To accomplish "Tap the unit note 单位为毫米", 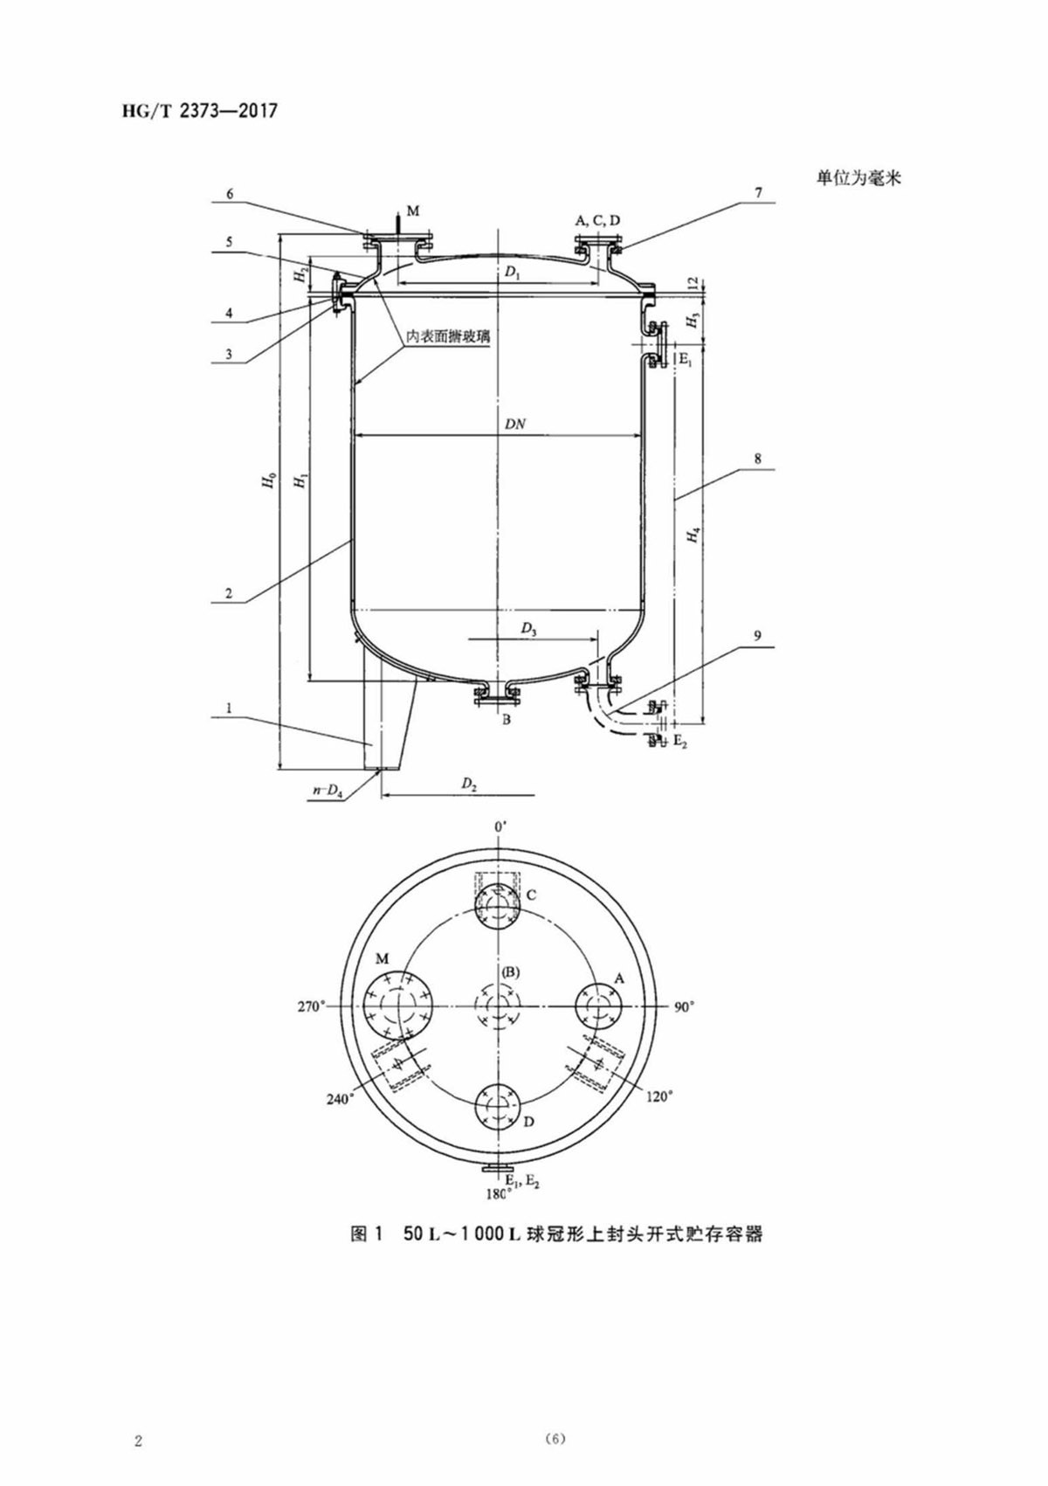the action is pos(859,178).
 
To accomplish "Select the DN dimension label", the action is pos(514,425).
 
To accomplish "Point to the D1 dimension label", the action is pos(512,273).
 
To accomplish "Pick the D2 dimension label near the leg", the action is pos(470,784).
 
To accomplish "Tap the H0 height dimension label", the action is pos(268,480).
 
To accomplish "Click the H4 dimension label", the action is pos(693,535).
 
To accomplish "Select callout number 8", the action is pos(757,458).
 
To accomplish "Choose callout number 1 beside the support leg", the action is pos(229,708).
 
